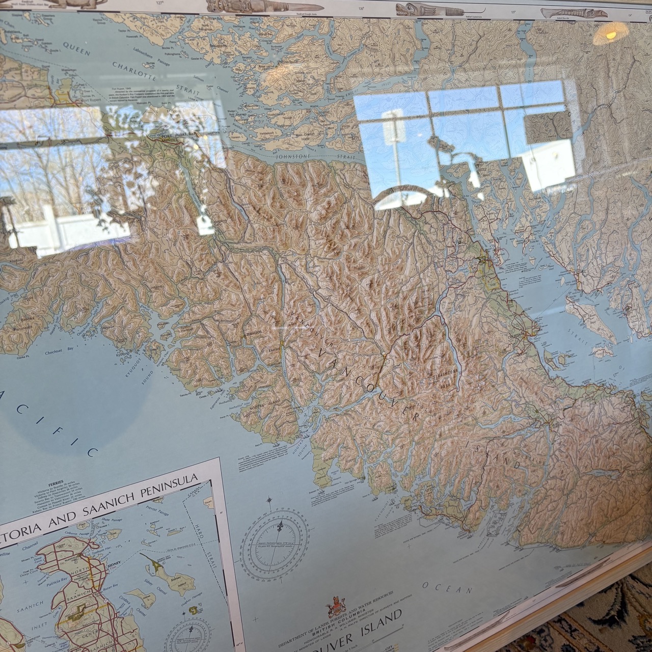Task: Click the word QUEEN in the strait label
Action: pyautogui.click(x=76, y=48)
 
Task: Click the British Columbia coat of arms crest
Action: pyautogui.click(x=334, y=606)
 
